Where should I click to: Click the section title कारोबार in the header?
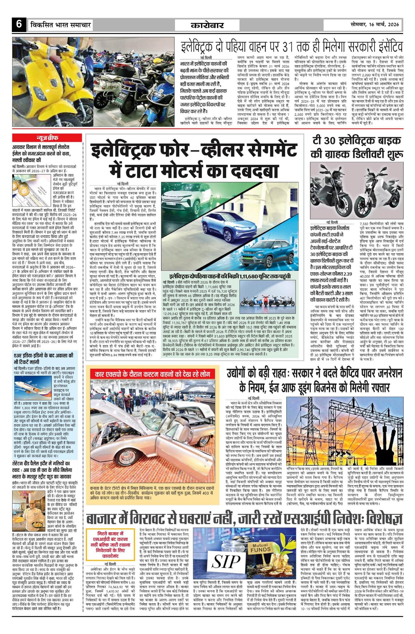[x=207, y=25]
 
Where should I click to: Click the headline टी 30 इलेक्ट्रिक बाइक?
[x=357, y=140]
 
